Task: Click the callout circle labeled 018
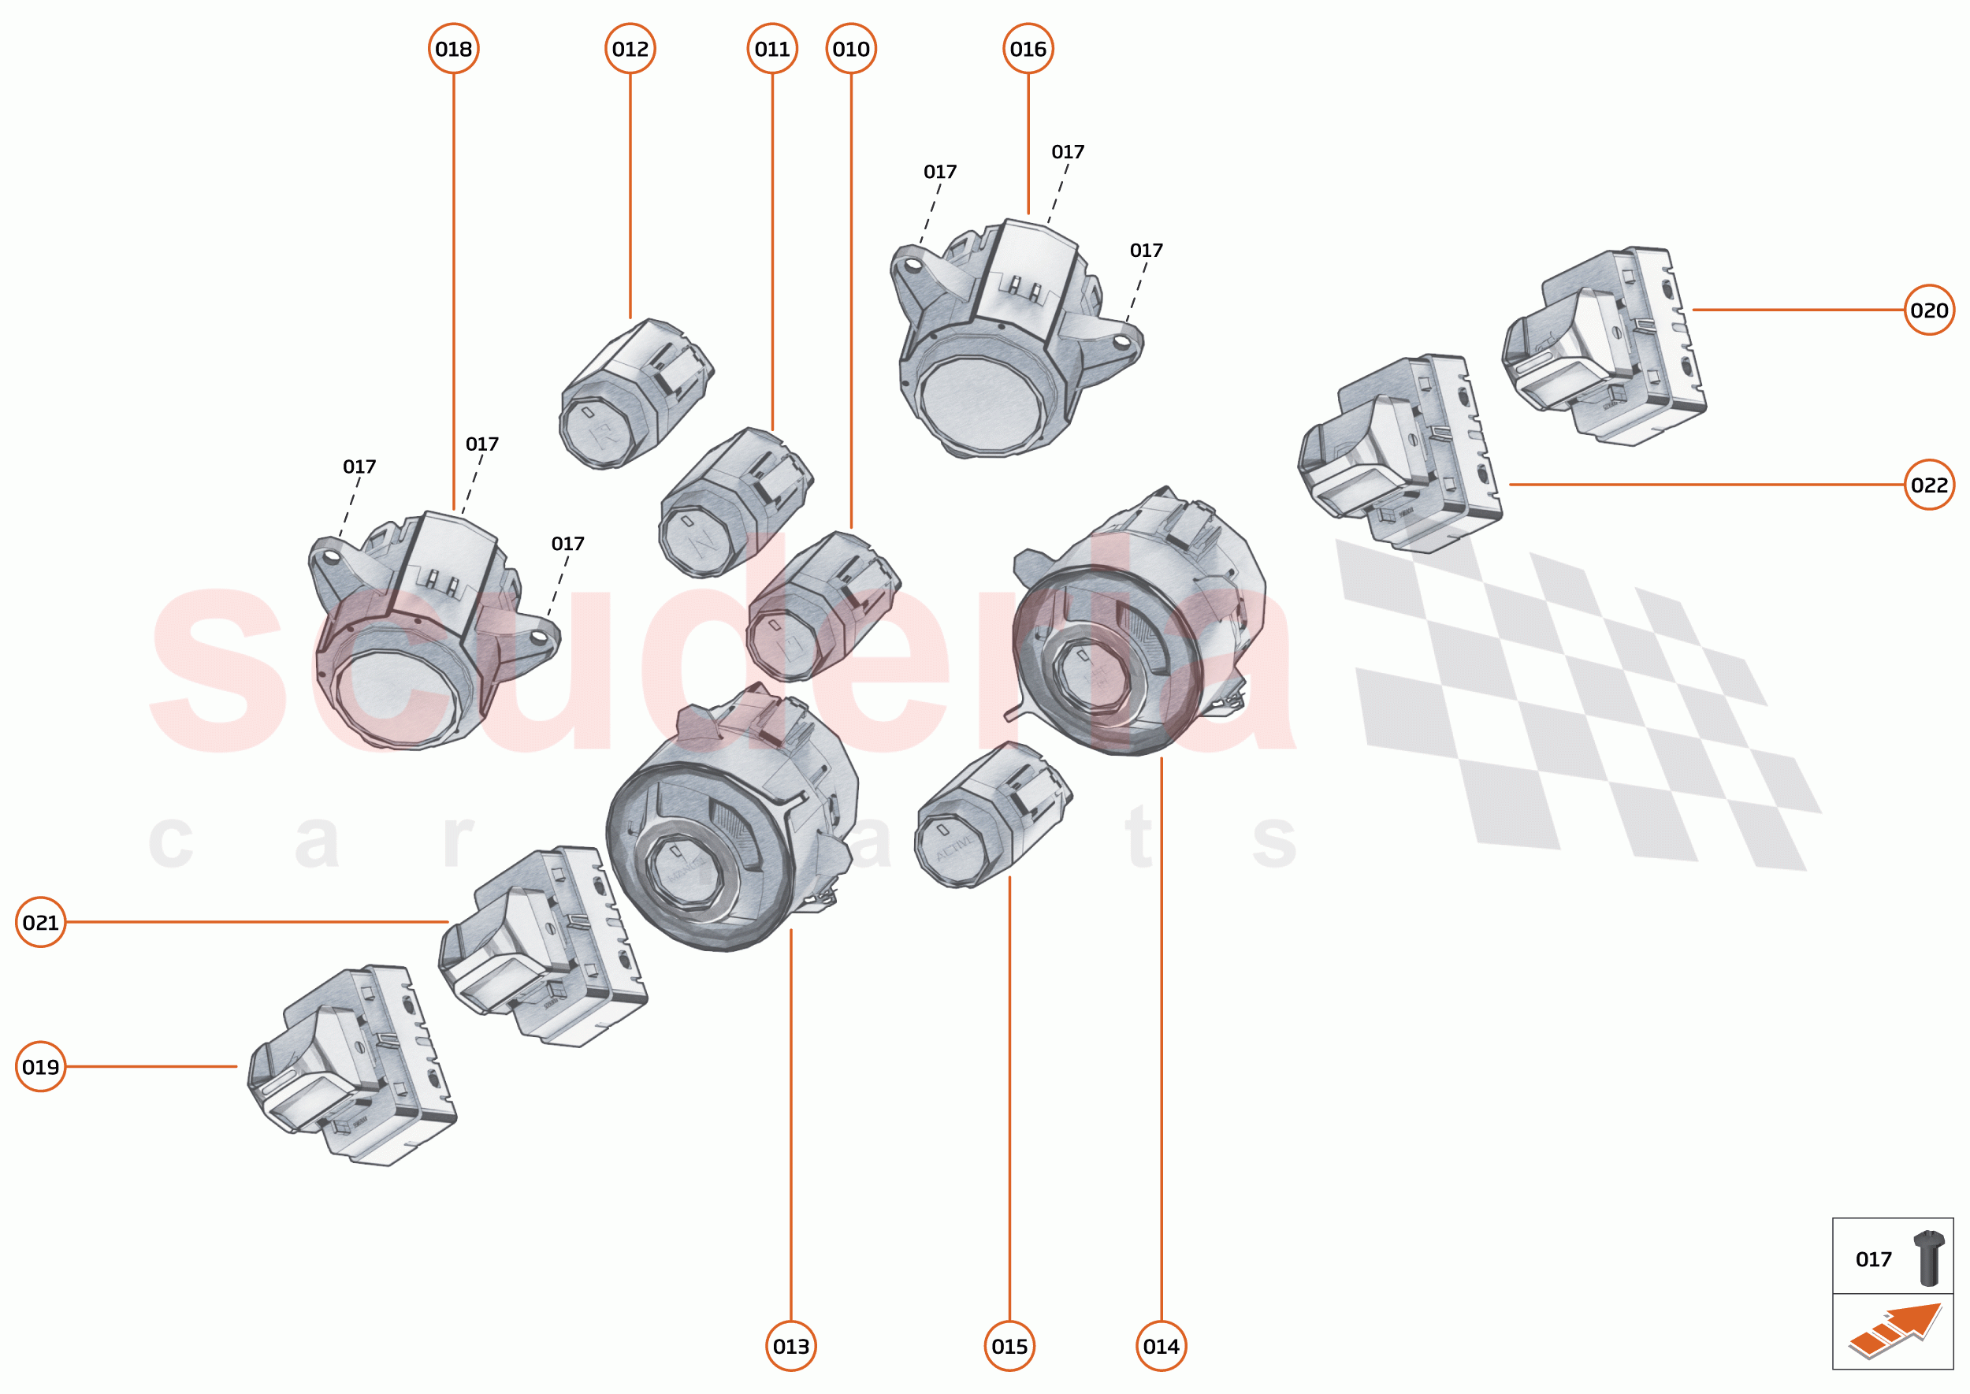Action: click(453, 49)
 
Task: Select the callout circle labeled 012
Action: click(630, 49)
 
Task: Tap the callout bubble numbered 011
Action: click(771, 49)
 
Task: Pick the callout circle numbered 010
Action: click(851, 49)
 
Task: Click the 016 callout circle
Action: click(1028, 49)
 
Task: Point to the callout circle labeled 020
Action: click(1929, 310)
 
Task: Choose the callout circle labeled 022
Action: click(1929, 485)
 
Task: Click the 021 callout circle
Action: click(40, 922)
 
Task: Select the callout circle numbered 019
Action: click(40, 1067)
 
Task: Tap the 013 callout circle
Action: click(790, 1346)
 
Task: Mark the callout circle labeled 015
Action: click(1009, 1346)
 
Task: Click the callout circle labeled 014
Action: click(1161, 1346)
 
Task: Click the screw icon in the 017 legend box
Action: click(1928, 1258)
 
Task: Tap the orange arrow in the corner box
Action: click(1897, 1330)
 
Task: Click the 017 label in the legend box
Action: click(1873, 1259)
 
